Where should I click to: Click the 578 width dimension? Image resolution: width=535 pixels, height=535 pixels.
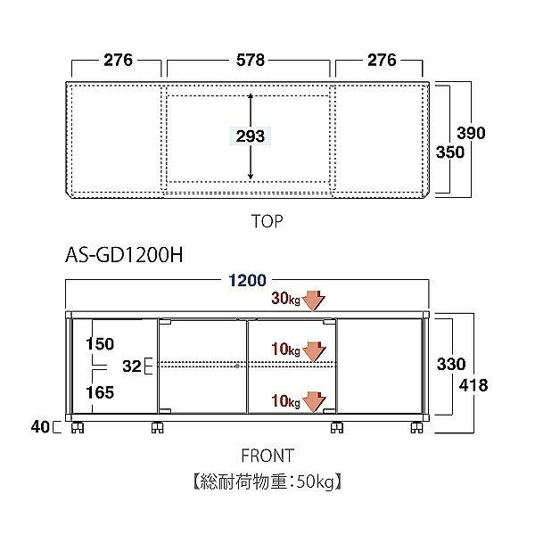(x=251, y=60)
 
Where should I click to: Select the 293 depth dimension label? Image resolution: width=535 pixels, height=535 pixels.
(x=251, y=136)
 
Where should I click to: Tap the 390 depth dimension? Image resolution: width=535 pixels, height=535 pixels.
(x=471, y=133)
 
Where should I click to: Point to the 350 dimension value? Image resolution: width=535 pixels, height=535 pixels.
(x=450, y=152)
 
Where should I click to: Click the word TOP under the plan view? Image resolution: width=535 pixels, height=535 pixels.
(x=267, y=221)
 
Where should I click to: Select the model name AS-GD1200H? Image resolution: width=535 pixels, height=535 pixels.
(x=124, y=254)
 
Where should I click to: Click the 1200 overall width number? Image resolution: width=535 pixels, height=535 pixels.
(x=247, y=280)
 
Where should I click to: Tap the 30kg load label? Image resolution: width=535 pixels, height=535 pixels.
(x=285, y=298)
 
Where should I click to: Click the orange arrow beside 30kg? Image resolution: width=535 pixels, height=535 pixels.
(x=314, y=300)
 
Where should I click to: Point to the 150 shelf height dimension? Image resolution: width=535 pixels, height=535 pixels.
(x=100, y=343)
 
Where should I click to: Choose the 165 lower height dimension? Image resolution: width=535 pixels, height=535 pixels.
(x=100, y=392)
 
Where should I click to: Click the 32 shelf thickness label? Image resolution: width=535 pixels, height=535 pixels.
(x=132, y=366)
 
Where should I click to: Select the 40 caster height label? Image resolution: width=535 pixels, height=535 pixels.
(x=40, y=426)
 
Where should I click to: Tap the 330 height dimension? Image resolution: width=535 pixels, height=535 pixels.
(x=451, y=364)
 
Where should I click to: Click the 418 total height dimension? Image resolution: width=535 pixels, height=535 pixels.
(x=473, y=385)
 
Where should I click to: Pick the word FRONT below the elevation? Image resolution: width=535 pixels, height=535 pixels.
(x=267, y=456)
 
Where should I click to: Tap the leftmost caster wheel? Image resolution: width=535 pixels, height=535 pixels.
(x=78, y=427)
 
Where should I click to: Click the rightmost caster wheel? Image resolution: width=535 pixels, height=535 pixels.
(x=416, y=427)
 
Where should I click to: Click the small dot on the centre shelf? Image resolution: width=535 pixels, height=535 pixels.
(x=237, y=366)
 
